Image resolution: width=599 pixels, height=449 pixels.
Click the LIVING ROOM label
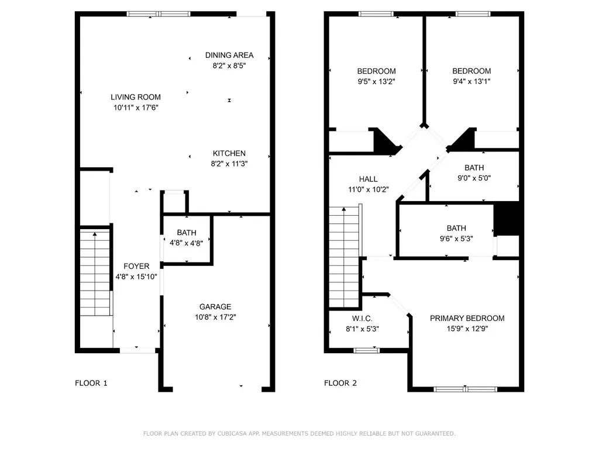(136, 98)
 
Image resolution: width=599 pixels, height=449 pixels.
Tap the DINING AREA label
(229, 56)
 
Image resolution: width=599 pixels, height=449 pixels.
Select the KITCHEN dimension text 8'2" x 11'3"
(229, 164)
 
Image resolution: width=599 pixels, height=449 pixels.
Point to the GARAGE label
(215, 306)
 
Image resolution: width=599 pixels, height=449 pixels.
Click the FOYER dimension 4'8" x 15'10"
(136, 277)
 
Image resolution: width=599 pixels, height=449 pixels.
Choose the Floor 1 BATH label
(187, 233)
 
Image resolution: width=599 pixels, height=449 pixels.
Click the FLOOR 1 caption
(91, 383)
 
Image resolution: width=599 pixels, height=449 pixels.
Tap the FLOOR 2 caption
(340, 383)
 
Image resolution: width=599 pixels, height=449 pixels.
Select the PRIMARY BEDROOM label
(467, 319)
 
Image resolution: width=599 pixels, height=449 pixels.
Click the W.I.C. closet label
(362, 319)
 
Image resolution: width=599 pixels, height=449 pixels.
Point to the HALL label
(369, 179)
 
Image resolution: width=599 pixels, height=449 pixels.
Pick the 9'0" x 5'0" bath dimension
(474, 178)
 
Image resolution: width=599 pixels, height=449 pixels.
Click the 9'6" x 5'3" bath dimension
(456, 239)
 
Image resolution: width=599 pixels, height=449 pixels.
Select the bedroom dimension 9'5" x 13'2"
(376, 81)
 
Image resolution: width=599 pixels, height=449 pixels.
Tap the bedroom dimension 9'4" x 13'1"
(471, 81)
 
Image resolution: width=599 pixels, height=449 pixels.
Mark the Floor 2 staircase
(344, 257)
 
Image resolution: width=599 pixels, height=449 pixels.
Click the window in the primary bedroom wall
(465, 389)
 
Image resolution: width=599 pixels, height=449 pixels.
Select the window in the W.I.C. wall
(366, 351)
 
